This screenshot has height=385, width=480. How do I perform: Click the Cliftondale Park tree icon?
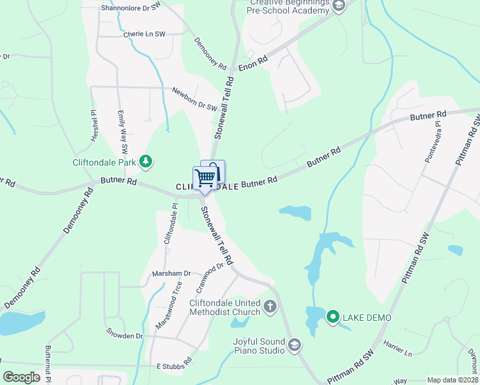146,162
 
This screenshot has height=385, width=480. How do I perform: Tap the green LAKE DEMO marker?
333,317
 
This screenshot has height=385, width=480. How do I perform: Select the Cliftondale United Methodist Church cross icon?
270,306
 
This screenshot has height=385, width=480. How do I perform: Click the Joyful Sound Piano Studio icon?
295,345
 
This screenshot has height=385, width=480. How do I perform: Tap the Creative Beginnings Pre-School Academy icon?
339,6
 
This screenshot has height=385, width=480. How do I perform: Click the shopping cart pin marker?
205,178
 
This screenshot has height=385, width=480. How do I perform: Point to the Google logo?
22,377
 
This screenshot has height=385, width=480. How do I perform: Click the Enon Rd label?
252,62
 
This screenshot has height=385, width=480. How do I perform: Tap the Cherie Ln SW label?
144,35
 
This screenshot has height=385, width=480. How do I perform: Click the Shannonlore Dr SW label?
131,8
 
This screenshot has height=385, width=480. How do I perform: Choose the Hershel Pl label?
93,121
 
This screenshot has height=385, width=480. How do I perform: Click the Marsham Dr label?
171,273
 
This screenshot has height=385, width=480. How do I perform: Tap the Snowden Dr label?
125,336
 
